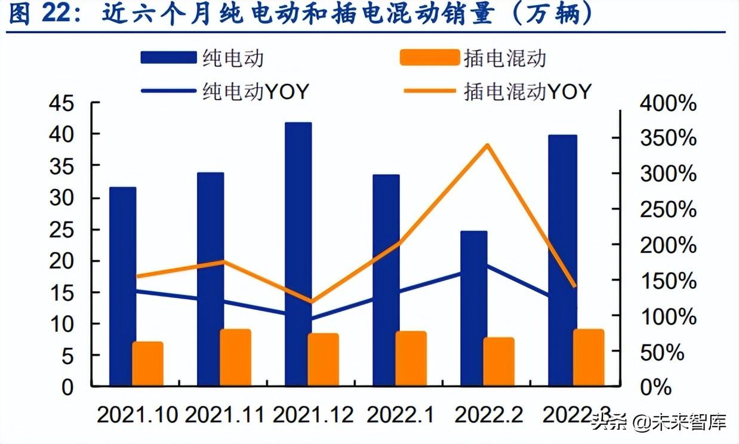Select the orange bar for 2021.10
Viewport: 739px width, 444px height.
147,363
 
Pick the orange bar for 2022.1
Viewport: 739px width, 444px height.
411,358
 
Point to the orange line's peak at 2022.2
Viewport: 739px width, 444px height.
488,145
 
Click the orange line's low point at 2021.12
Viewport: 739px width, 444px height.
311,302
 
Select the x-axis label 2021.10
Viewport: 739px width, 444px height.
137,415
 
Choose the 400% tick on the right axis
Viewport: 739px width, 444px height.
667,104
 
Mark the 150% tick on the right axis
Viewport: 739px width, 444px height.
667,281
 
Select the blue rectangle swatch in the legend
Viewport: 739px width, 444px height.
168,58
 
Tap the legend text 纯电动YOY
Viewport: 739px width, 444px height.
255,92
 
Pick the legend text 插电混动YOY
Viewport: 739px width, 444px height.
528,92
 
